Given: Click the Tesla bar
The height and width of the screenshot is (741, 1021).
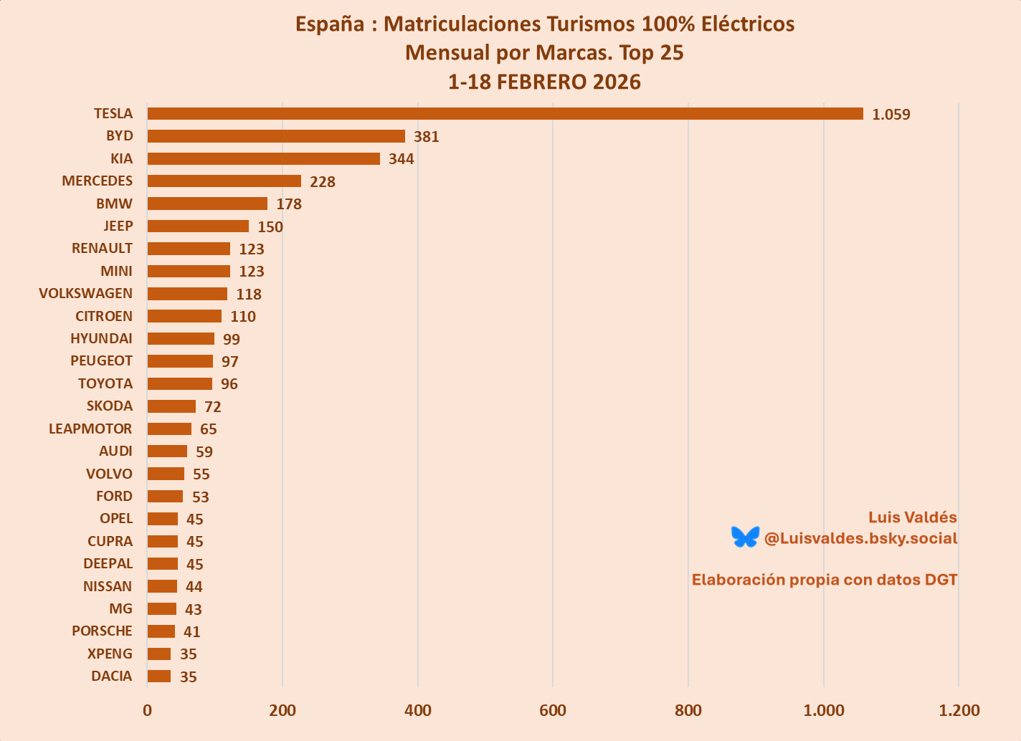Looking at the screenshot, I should point(505,114).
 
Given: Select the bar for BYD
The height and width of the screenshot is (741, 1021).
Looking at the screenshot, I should point(276,136).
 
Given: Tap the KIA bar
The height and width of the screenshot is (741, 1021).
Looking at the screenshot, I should point(263,158).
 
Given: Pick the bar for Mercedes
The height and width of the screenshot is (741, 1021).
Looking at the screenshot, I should point(224,181).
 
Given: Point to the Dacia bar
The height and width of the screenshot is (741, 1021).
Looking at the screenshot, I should point(159,677).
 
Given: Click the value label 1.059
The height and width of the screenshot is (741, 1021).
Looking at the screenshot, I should point(891,115).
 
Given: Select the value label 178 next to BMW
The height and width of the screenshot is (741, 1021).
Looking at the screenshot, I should point(289,204).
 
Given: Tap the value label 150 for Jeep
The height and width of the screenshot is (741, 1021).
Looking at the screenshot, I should point(270,227).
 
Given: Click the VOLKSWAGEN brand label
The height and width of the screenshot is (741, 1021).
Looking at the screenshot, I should point(86,294).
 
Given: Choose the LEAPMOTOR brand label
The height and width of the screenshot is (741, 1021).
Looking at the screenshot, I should point(90,429).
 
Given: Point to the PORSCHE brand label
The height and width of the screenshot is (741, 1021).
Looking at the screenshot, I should point(102,631).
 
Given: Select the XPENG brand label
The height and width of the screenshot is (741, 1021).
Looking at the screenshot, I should point(110,654).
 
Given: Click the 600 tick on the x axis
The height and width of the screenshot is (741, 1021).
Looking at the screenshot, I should point(553,711).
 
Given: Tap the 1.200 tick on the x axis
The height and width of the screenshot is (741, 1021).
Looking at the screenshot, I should point(959,711).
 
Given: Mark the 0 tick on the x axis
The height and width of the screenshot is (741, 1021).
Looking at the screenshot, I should point(147,711).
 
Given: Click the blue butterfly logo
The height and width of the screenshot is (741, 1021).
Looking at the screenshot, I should point(745,537).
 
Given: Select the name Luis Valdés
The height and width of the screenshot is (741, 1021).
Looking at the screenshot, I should point(912,517).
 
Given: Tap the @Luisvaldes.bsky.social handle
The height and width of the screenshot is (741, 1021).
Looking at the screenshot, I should point(860,538).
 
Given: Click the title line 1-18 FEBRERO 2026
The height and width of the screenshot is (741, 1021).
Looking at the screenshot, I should point(544,82).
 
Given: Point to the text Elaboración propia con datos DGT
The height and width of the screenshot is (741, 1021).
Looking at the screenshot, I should point(825,580).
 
